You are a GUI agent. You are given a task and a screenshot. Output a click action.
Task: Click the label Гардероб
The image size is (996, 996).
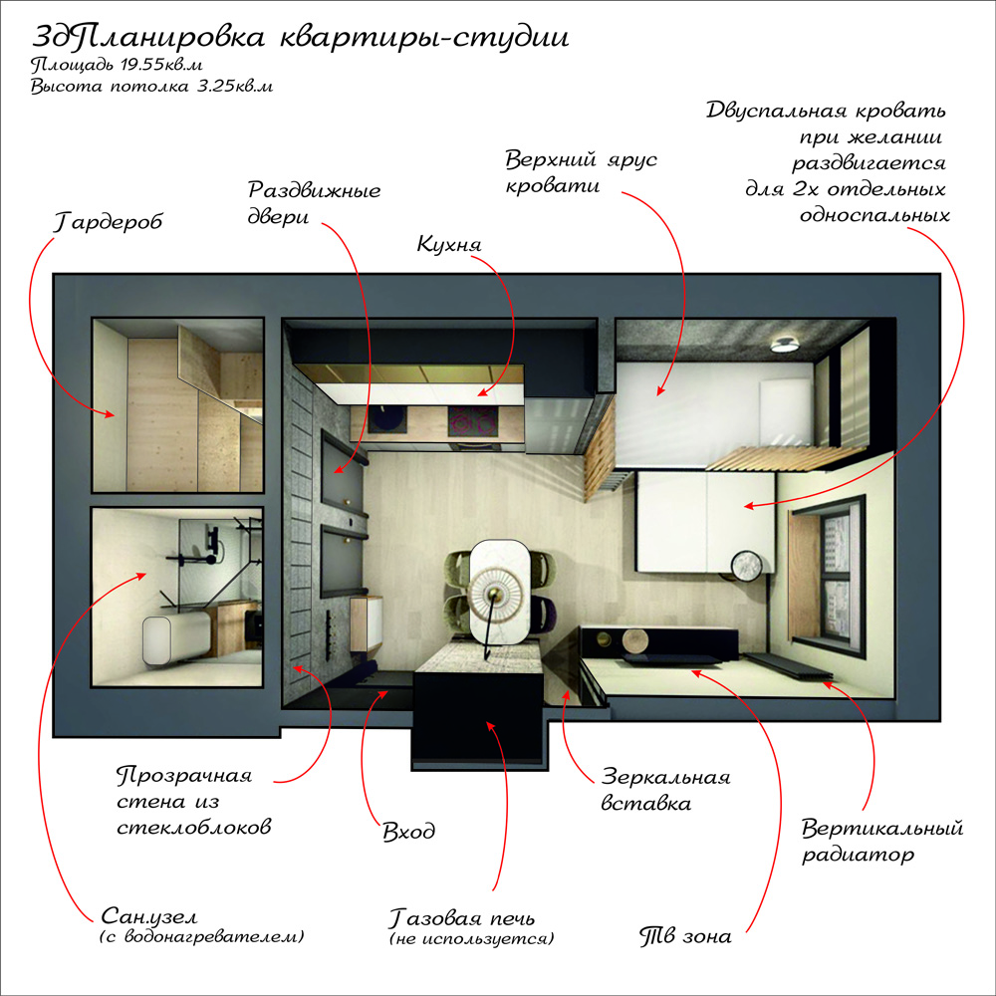tap(108, 222)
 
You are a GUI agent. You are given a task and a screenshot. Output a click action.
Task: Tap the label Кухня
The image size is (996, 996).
tap(449, 245)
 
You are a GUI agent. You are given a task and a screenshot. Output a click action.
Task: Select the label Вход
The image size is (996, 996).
tap(409, 832)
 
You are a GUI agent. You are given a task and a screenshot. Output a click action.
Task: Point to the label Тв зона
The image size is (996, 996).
tap(685, 936)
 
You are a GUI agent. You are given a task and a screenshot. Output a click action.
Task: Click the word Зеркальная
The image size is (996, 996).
tap(665, 777)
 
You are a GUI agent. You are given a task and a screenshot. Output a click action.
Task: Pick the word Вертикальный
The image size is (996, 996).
tap(882, 829)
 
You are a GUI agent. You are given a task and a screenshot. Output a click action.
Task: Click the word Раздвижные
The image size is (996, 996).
tap(315, 190)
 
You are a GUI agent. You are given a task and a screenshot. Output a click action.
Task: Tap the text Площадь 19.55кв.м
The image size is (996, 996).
tap(117, 66)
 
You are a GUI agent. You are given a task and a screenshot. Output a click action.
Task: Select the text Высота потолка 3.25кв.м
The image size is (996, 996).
tap(151, 87)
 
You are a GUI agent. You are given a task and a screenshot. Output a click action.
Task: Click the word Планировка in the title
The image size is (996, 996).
tap(172, 38)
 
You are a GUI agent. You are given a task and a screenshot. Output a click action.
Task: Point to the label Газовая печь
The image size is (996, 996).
tap(462, 918)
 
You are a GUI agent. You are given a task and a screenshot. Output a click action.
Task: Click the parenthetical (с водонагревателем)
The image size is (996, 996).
tap(202, 937)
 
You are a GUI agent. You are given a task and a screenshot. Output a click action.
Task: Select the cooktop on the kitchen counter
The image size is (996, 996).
tap(473, 421)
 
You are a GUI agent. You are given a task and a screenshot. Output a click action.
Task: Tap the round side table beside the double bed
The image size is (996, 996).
tap(746, 566)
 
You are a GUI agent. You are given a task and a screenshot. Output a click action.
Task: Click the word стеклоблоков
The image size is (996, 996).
tap(194, 828)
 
